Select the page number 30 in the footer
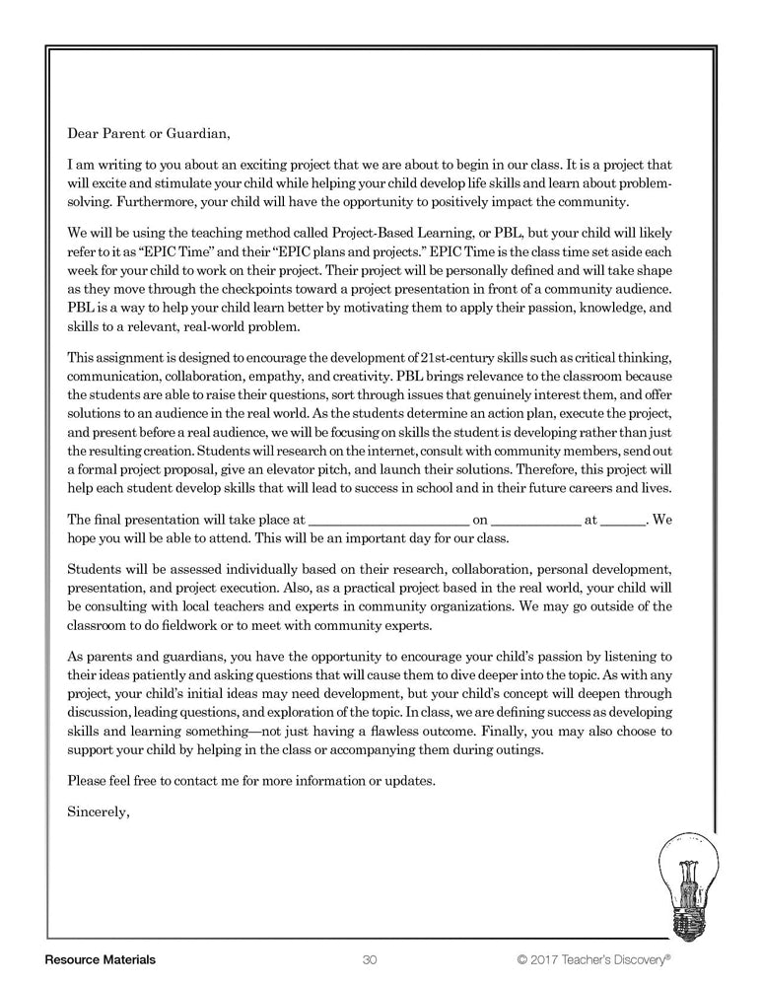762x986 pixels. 371,959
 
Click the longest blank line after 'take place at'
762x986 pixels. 389,520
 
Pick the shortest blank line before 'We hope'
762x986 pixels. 623,520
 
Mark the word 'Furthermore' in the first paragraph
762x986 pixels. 161,203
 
